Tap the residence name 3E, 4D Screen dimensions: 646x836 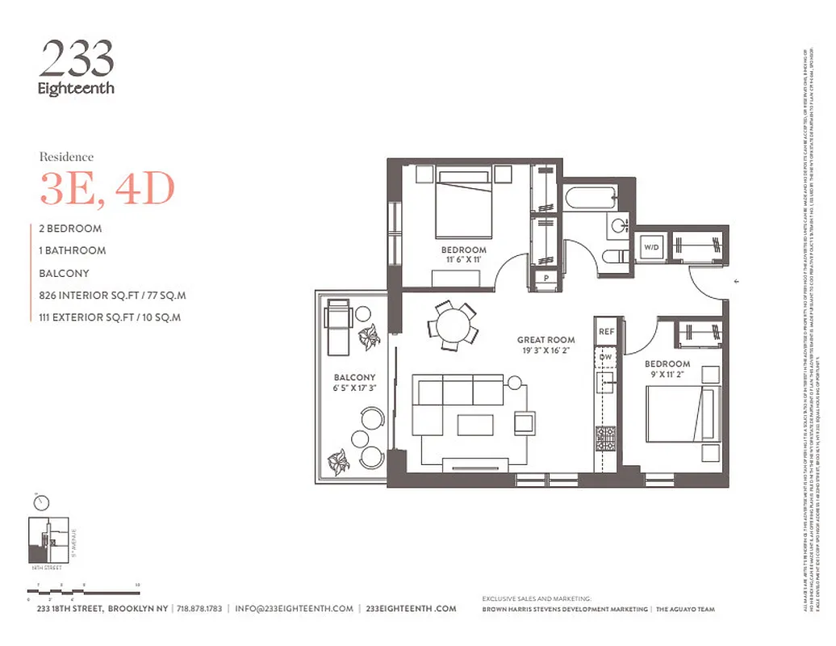click(107, 189)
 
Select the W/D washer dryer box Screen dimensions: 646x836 click(651, 246)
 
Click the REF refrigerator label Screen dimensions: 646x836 click(606, 331)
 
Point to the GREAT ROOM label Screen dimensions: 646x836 click(546, 340)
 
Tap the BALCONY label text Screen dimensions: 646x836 click(355, 377)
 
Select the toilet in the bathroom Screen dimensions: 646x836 click(614, 257)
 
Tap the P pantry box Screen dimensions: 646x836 click(546, 279)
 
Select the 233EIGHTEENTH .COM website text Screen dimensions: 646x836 click(411, 609)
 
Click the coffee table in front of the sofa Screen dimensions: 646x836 click(475, 424)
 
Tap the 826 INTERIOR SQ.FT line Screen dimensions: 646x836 click(112, 296)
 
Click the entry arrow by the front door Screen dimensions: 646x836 click(736, 282)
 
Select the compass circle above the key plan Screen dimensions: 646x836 click(41, 502)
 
